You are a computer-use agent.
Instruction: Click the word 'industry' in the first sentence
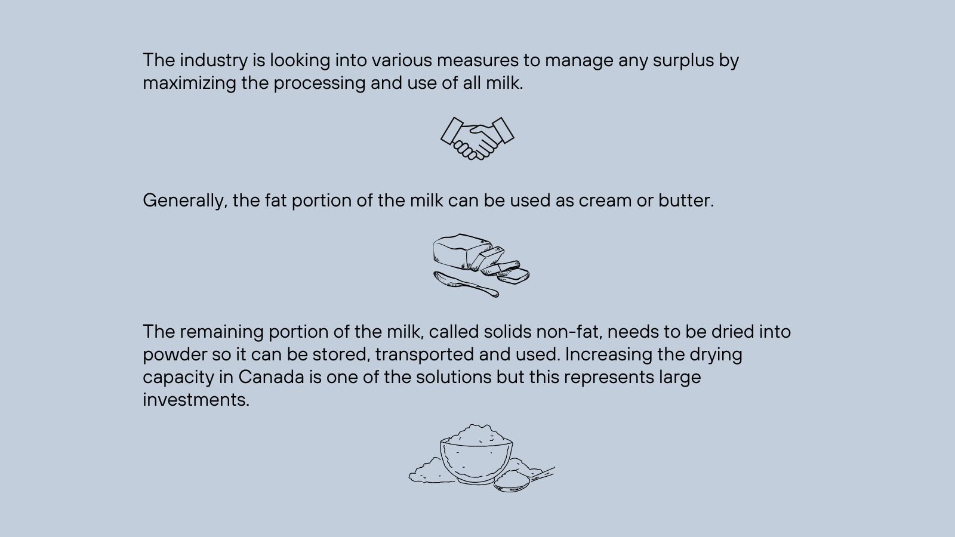(214, 60)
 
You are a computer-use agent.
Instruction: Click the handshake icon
(477, 138)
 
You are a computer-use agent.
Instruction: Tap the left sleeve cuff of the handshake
(452, 131)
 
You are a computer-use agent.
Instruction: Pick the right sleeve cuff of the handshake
(503, 130)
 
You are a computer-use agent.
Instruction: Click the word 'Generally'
(184, 201)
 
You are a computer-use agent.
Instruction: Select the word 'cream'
(605, 201)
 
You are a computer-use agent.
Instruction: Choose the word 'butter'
(686, 200)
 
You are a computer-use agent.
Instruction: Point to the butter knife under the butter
(466, 284)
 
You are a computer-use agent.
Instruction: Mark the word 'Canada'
(271, 377)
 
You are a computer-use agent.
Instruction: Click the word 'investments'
(196, 400)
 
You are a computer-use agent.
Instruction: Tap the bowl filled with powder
(476, 455)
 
